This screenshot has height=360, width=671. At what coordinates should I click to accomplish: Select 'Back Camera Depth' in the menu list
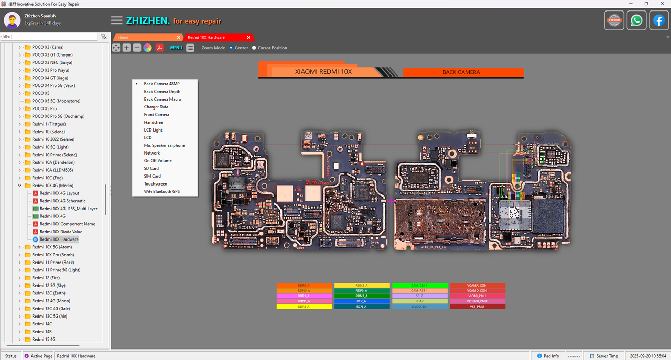coord(162,92)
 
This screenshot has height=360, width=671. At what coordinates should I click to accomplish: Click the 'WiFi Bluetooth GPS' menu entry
coord(161,192)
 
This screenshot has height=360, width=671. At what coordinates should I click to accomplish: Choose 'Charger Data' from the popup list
coord(156,107)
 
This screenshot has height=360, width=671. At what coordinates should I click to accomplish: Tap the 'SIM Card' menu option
coord(153,176)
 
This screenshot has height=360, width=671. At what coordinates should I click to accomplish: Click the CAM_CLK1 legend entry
coord(420,286)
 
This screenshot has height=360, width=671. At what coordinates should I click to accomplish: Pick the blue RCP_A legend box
coord(362,301)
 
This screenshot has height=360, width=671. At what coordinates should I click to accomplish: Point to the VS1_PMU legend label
coord(477,307)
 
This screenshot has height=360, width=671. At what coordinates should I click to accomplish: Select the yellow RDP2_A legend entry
coord(304,307)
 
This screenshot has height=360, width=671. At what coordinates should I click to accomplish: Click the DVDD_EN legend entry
coord(420,307)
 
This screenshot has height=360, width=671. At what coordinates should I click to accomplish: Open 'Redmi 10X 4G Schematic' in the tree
coord(62,201)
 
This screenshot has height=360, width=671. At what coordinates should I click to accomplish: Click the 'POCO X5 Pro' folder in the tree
coord(44,108)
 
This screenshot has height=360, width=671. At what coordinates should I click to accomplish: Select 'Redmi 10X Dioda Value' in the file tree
coord(61,232)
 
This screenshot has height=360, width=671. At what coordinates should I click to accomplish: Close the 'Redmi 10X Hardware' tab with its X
coord(248,38)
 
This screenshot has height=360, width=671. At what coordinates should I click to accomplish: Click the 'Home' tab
coord(123,38)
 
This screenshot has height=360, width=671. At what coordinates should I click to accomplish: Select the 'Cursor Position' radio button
coord(254,48)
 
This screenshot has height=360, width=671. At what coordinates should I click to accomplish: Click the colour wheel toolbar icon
coord(148,48)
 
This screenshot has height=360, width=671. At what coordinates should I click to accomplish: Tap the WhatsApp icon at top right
coord(636,20)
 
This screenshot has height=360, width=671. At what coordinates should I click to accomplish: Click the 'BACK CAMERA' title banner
coord(461,72)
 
